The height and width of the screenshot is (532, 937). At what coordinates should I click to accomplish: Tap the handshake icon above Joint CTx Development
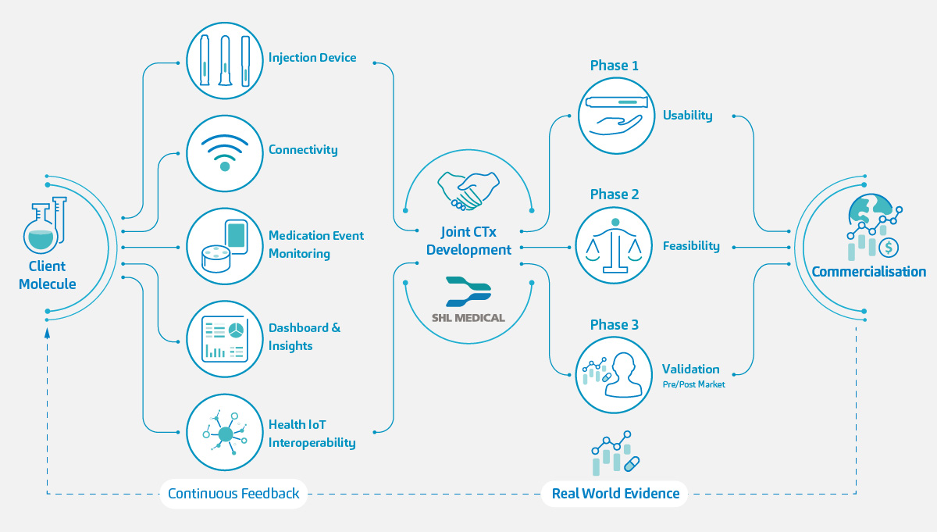pyautogui.click(x=468, y=191)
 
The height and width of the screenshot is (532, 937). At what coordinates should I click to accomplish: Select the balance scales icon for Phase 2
pyautogui.click(x=615, y=245)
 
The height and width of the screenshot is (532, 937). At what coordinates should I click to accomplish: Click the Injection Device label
pyautogui.click(x=312, y=58)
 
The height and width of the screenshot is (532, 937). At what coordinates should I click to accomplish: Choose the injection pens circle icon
pyautogui.click(x=225, y=61)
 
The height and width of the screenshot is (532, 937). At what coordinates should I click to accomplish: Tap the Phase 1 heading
pyautogui.click(x=614, y=66)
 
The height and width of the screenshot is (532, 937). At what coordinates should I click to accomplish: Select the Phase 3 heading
pyautogui.click(x=614, y=325)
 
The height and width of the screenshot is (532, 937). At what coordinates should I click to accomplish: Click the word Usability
pyautogui.click(x=687, y=116)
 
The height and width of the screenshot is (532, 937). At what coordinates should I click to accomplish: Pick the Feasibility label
pyautogui.click(x=691, y=246)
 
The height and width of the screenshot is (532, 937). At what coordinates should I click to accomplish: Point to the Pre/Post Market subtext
pyautogui.click(x=693, y=384)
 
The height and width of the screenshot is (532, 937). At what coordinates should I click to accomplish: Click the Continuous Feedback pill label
pyautogui.click(x=233, y=494)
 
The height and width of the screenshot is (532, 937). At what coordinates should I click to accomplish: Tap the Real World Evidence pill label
pyautogui.click(x=615, y=494)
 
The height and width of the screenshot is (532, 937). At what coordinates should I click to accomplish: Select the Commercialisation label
pyautogui.click(x=868, y=272)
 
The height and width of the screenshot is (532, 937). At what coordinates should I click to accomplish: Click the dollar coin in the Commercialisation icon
pyautogui.click(x=889, y=248)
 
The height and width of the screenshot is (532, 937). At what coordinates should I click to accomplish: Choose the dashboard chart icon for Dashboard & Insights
pyautogui.click(x=225, y=339)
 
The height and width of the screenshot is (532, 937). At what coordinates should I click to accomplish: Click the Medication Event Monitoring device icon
pyautogui.click(x=225, y=245)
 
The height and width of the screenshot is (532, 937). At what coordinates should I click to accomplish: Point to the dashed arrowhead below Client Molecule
pyautogui.click(x=47, y=332)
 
